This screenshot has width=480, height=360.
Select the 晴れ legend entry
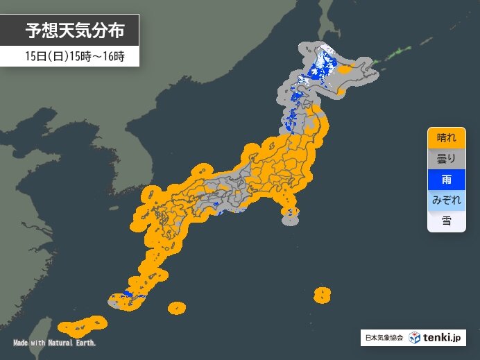click(446, 137)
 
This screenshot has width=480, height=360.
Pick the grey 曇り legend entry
click(446, 159)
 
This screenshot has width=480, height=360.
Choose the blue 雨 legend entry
click(446, 180)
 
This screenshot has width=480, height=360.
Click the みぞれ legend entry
click(446, 200)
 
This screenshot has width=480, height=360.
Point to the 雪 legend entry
click(446, 221)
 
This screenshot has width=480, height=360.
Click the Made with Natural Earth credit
click(54, 343)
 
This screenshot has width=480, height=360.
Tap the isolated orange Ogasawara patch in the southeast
click(321, 295)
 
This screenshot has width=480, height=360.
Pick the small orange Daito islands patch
click(177, 307)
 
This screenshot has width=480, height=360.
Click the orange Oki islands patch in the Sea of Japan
click(202, 169)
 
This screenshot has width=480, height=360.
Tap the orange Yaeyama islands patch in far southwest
click(80, 325)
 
